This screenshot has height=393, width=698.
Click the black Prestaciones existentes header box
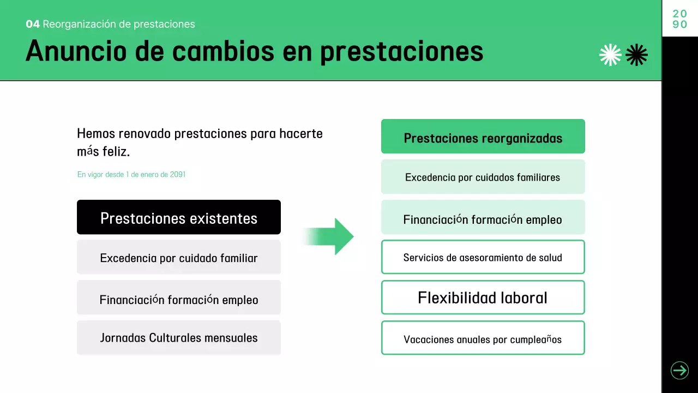click(x=178, y=217)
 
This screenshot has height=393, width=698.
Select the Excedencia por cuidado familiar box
click(x=178, y=257)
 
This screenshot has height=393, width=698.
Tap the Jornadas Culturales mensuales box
click(x=178, y=337)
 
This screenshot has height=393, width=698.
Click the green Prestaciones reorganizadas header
click(x=483, y=136)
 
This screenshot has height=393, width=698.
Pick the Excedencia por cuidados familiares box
click(x=483, y=177)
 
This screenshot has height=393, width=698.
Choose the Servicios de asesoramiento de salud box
click(x=483, y=257)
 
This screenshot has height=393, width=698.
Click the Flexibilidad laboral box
click(x=483, y=297)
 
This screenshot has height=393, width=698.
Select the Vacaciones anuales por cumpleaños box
click(x=483, y=338)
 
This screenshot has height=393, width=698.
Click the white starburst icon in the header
click(x=610, y=55)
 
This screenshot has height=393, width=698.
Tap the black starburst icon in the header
click(x=636, y=55)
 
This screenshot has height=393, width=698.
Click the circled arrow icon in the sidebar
click(x=679, y=371)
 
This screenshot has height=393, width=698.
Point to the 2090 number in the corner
click(x=679, y=19)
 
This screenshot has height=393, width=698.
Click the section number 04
click(x=32, y=24)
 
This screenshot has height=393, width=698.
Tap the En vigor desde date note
click(x=131, y=175)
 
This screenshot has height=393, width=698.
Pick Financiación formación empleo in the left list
click(x=178, y=299)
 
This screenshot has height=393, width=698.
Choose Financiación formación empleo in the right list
click(x=483, y=219)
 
